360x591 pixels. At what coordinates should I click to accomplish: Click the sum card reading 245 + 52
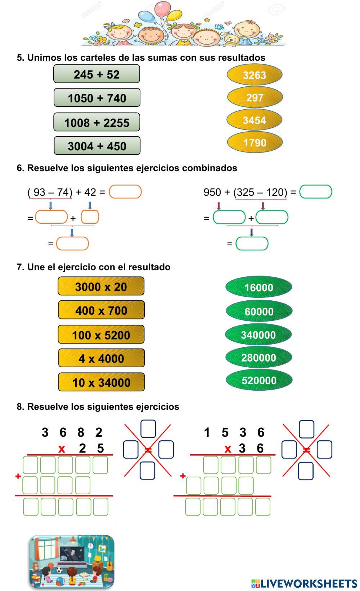click(x=96, y=74)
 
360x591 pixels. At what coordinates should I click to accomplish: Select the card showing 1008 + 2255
click(x=96, y=122)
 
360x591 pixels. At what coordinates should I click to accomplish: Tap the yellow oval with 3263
click(x=254, y=75)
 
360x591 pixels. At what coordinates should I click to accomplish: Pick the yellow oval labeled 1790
click(x=255, y=142)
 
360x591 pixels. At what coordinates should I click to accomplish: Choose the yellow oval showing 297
click(x=255, y=97)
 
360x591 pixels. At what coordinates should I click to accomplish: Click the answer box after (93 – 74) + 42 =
click(x=125, y=192)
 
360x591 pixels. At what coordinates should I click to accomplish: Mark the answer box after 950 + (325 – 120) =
click(x=315, y=192)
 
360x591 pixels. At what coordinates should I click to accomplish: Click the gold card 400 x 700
click(x=101, y=310)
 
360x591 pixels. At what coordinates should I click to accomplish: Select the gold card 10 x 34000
click(x=101, y=382)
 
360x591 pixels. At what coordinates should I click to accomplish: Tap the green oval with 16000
click(x=258, y=287)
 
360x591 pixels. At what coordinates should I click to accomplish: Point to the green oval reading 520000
click(x=258, y=380)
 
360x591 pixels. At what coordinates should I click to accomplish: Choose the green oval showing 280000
click(x=258, y=357)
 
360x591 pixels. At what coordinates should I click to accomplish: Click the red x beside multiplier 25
click(x=62, y=449)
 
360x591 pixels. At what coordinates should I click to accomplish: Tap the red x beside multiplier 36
click(x=228, y=449)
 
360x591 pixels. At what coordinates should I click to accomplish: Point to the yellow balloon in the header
click(x=175, y=15)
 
